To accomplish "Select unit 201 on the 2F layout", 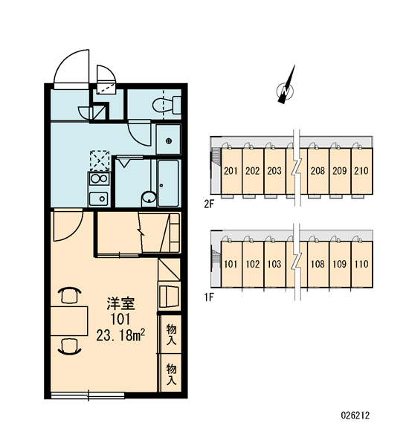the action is (x=231, y=171).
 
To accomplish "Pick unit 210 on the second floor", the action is (x=361, y=171).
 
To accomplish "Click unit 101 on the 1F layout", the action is (x=231, y=264).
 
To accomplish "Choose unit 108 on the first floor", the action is (x=318, y=264).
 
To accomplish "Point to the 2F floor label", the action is (x=209, y=204).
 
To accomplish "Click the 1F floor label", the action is (x=209, y=297).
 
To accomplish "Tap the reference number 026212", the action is (x=355, y=416).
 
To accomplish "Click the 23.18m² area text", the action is (x=120, y=335).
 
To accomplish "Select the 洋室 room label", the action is (x=120, y=304).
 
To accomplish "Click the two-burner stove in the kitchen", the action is (x=99, y=179).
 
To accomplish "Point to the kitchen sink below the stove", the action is (x=98, y=198).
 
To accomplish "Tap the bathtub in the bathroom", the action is (x=168, y=183).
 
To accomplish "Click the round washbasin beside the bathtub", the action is (x=149, y=198).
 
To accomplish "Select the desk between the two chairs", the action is (x=69, y=321).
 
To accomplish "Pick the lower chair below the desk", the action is (x=69, y=346).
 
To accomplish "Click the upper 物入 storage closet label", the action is (x=171, y=334).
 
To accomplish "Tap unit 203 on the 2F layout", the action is (x=274, y=171).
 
